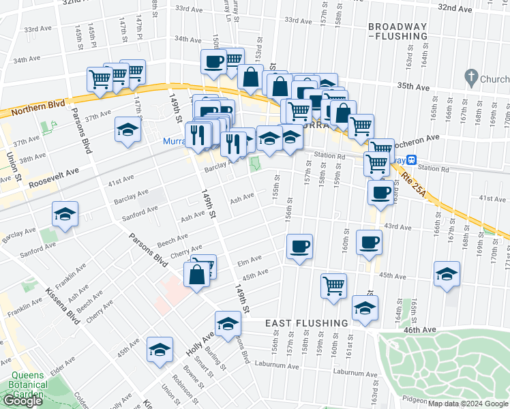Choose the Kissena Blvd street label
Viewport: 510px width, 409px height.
pos(67,316)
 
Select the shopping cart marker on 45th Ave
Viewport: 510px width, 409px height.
pos(333,285)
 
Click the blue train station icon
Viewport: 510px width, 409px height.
pos(412,160)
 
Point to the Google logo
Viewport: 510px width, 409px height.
pos(22,402)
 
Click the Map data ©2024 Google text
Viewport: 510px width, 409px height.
pos(467,404)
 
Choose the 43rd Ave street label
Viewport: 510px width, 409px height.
pos(398,226)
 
